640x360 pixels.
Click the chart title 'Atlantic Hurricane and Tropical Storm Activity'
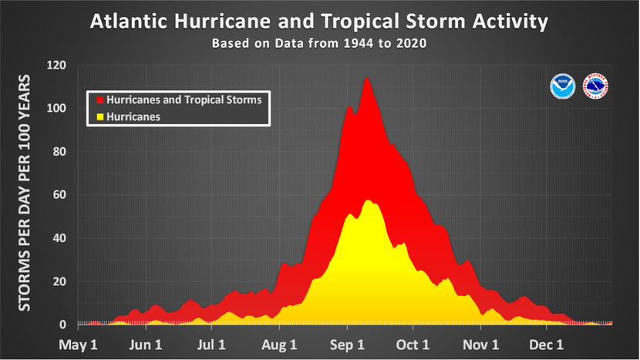319,21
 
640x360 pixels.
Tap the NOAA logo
561,86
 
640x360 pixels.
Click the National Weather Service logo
595,86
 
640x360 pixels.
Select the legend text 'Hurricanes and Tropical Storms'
184,100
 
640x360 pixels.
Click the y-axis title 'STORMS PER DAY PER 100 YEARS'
25,193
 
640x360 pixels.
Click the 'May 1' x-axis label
79,345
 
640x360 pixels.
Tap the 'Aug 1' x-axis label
280,345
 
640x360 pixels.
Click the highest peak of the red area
366,77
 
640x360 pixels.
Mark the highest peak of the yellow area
368,200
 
